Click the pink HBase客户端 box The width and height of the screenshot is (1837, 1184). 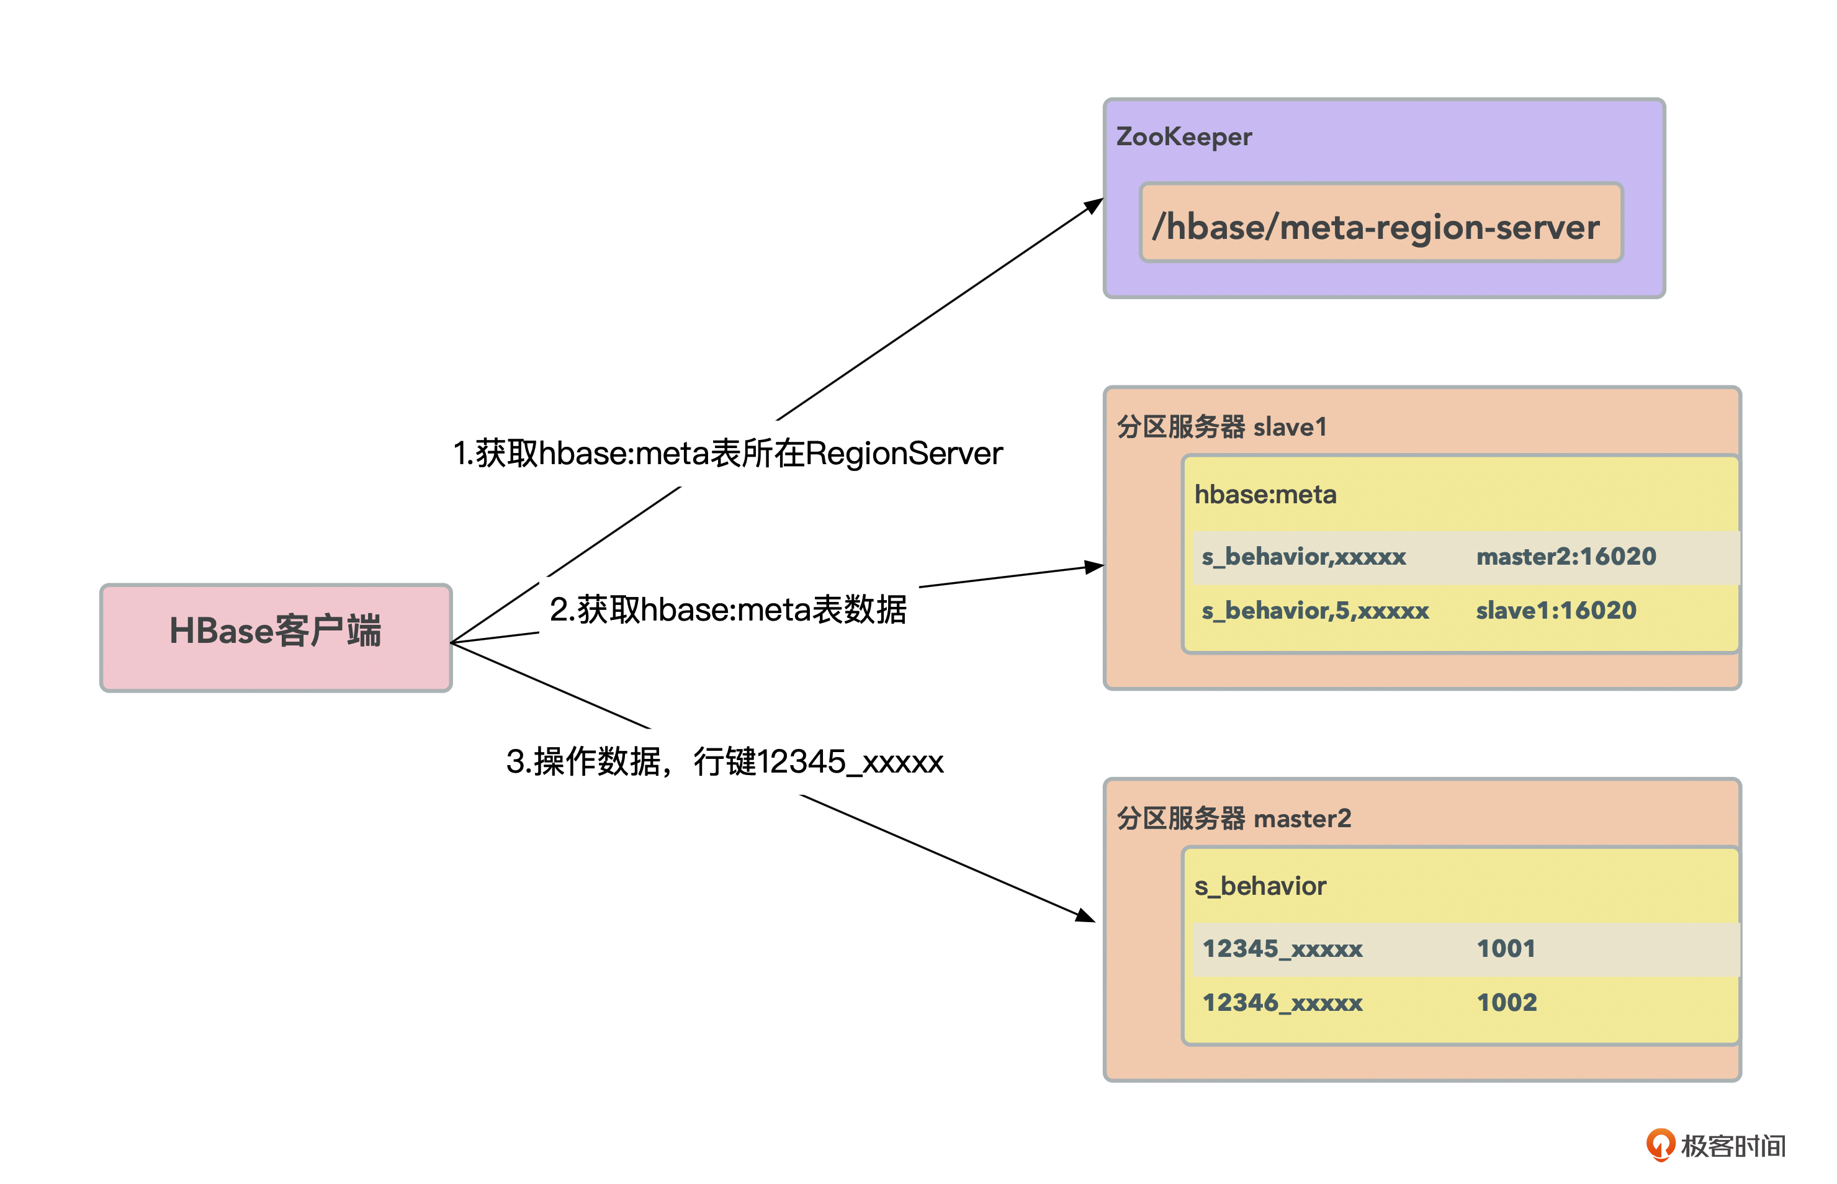tap(276, 637)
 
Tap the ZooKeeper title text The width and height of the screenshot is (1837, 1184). tap(1183, 137)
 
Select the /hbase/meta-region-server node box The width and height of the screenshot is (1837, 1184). tap(1380, 223)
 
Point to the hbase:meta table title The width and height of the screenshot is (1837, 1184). tap(1265, 495)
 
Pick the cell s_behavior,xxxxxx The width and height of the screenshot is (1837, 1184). tap(1303, 557)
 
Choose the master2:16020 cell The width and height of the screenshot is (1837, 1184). tap(1566, 557)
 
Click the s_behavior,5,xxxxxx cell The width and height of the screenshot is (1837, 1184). tap(1315, 611)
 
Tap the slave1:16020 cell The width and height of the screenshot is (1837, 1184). tap(1556, 611)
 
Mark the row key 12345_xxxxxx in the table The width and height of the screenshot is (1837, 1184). tap(1282, 949)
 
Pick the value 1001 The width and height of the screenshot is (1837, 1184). tap(1506, 949)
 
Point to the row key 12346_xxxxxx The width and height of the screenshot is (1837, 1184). tap(1282, 1003)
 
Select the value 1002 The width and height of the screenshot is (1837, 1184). tap(1506, 1003)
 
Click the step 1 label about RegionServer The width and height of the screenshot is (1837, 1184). tap(727, 454)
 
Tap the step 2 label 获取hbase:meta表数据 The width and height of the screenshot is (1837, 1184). tap(727, 609)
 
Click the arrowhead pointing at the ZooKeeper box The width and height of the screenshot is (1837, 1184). tap(1094, 205)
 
